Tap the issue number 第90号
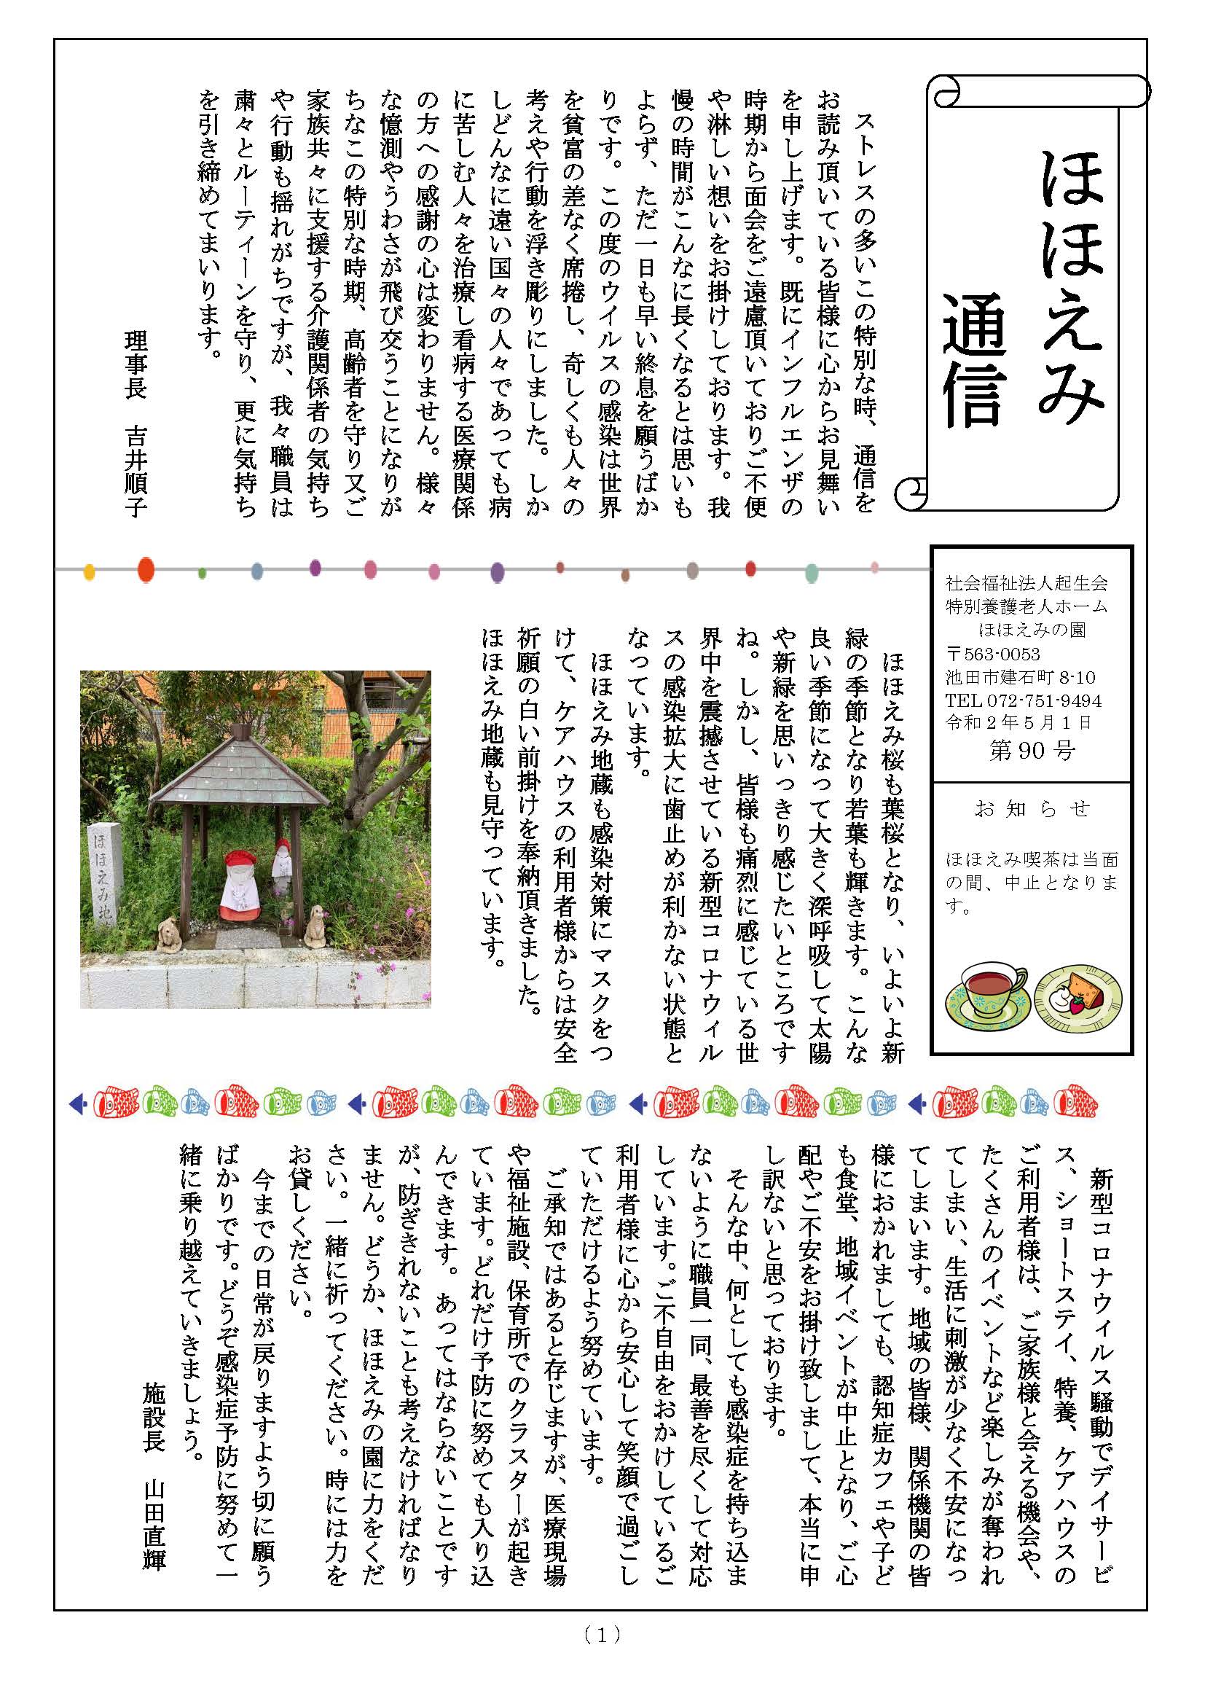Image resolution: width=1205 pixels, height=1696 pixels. (1032, 751)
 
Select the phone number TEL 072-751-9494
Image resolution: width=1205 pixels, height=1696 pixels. (1023, 700)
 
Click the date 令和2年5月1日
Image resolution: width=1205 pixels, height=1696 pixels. (1018, 722)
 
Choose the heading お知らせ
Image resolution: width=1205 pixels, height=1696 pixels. (1032, 809)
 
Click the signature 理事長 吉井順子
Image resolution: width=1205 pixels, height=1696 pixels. (136, 423)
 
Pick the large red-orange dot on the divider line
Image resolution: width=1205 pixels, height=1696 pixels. (146, 569)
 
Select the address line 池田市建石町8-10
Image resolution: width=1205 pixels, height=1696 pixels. (1020, 677)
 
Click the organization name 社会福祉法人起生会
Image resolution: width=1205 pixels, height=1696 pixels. (1027, 582)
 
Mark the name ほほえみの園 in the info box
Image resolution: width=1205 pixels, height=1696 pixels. (1032, 630)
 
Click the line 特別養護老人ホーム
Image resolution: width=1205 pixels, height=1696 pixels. (1027, 606)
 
